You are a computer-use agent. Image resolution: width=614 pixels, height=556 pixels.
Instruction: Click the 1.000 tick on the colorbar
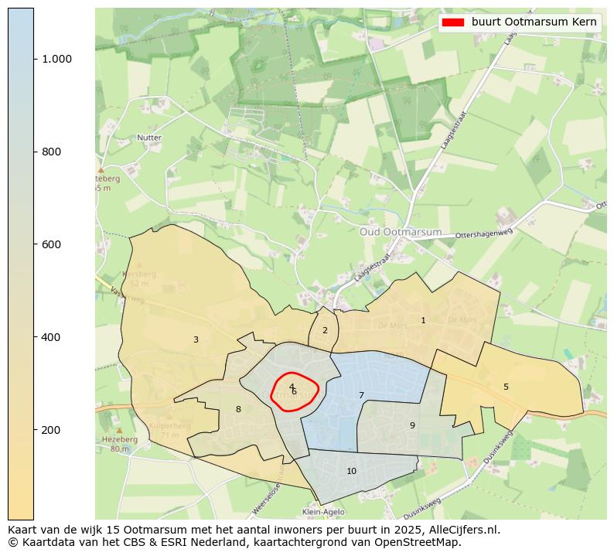(x=56, y=60)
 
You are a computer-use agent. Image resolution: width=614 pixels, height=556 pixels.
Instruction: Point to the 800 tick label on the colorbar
(x=51, y=152)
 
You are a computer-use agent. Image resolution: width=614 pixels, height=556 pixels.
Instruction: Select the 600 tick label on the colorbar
(x=51, y=244)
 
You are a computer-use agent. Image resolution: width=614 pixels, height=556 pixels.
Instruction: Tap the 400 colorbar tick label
(x=51, y=337)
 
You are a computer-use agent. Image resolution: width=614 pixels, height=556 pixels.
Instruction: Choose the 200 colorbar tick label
(x=51, y=430)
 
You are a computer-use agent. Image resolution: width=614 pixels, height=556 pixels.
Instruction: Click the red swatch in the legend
(x=452, y=22)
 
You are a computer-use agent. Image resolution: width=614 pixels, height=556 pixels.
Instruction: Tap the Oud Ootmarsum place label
(x=401, y=232)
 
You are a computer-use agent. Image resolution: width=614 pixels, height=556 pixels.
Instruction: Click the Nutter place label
(x=149, y=138)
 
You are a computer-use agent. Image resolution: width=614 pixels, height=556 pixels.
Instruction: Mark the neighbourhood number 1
(x=423, y=320)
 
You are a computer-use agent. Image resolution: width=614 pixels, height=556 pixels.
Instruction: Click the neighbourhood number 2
(x=325, y=330)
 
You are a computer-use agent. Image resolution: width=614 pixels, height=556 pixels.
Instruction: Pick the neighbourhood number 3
(x=196, y=339)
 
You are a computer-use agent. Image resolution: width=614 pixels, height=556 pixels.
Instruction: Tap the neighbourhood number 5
(x=506, y=387)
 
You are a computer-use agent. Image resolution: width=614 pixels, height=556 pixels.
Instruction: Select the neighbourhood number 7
(x=361, y=395)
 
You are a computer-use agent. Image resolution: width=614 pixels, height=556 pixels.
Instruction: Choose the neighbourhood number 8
(x=238, y=409)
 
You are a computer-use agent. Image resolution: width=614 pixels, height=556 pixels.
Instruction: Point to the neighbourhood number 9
(x=412, y=425)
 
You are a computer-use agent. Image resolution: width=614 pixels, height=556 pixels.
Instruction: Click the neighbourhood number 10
(x=351, y=471)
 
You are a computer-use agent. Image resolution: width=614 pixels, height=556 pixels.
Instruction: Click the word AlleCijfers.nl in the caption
(x=461, y=530)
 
